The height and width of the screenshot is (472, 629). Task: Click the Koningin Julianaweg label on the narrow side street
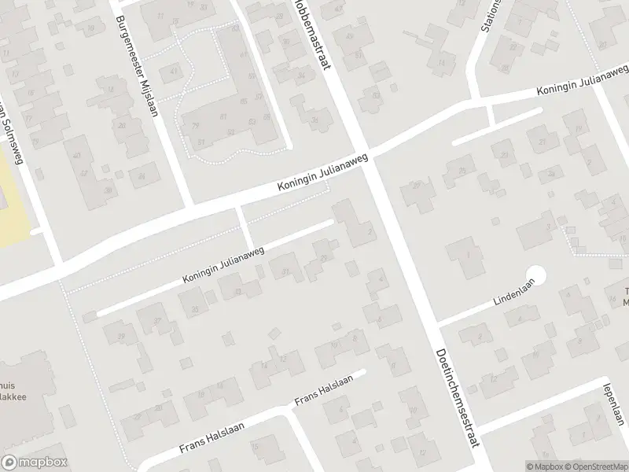tap(224, 264)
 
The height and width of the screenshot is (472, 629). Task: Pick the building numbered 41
tap(174, 71)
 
